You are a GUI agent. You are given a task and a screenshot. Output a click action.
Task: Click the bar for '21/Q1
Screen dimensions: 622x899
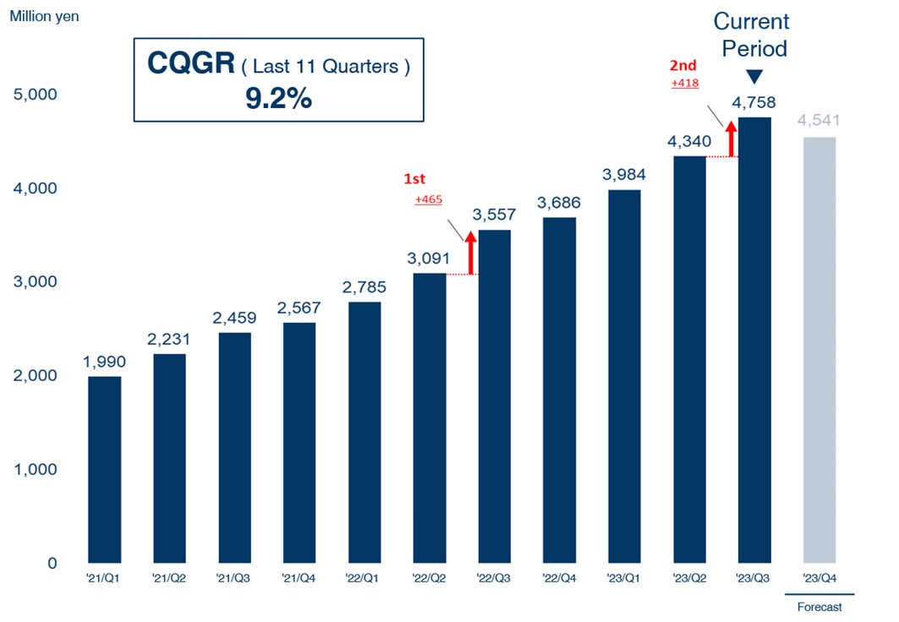(104, 469)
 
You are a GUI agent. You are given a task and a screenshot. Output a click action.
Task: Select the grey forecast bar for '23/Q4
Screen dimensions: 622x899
(820, 350)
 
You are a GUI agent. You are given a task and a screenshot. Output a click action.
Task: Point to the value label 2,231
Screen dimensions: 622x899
(169, 339)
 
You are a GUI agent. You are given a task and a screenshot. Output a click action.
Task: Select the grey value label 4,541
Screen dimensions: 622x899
(820, 122)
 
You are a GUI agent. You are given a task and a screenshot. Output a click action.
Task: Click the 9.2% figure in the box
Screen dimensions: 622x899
(278, 99)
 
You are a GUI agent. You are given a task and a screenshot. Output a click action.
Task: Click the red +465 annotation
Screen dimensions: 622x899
(429, 199)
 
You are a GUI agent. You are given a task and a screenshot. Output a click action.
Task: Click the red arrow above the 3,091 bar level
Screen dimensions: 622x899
(471, 253)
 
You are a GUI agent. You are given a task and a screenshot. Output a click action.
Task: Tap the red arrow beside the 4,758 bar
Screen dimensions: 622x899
(731, 139)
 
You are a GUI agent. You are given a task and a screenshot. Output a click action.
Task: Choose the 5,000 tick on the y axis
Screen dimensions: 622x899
(36, 94)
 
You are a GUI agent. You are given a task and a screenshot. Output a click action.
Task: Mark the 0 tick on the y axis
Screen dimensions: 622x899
(52, 563)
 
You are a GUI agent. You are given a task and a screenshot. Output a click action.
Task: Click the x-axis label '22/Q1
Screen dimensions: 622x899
(365, 579)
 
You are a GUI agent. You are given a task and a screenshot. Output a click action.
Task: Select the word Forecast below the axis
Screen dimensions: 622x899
(820, 607)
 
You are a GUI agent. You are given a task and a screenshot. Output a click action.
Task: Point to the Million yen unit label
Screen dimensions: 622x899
(45, 16)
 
